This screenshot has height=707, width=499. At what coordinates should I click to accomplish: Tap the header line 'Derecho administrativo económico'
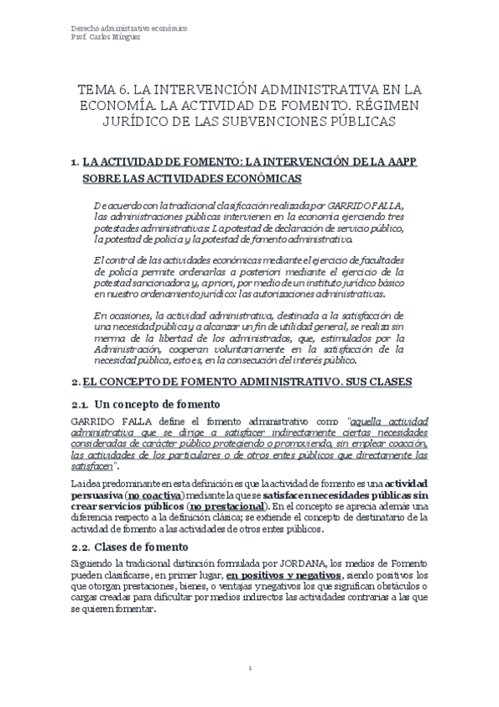coord(127,28)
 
